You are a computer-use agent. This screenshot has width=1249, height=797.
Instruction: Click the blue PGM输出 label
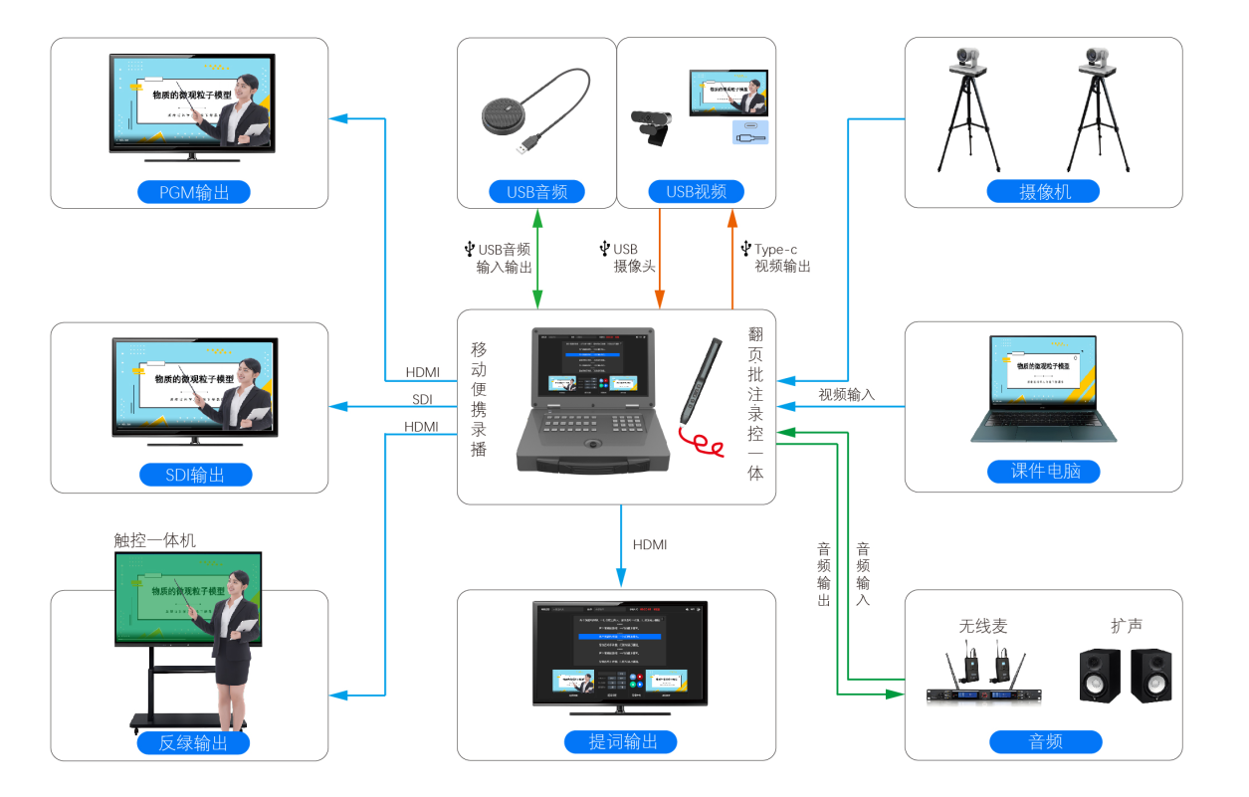pyautogui.click(x=194, y=192)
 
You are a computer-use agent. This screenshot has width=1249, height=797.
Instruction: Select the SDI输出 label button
pyautogui.click(x=194, y=475)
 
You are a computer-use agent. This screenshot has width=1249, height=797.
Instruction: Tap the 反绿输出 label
pyautogui.click(x=194, y=742)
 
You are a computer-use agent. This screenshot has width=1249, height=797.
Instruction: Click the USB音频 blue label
pyautogui.click(x=536, y=192)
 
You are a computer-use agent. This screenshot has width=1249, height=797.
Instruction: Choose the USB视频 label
pyautogui.click(x=696, y=192)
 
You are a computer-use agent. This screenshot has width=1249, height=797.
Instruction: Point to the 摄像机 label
pyautogui.click(x=1044, y=192)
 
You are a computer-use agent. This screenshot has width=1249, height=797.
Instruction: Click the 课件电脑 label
pyautogui.click(x=1044, y=472)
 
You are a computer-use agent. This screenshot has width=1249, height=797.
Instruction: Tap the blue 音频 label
pyautogui.click(x=1045, y=741)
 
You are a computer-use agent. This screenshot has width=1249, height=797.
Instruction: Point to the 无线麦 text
pyautogui.click(x=983, y=626)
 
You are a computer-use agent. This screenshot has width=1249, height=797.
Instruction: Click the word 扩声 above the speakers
pyautogui.click(x=1127, y=626)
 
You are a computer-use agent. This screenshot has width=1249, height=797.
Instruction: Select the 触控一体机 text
pyautogui.click(x=155, y=540)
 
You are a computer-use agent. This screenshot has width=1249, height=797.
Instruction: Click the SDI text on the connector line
pyautogui.click(x=422, y=400)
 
